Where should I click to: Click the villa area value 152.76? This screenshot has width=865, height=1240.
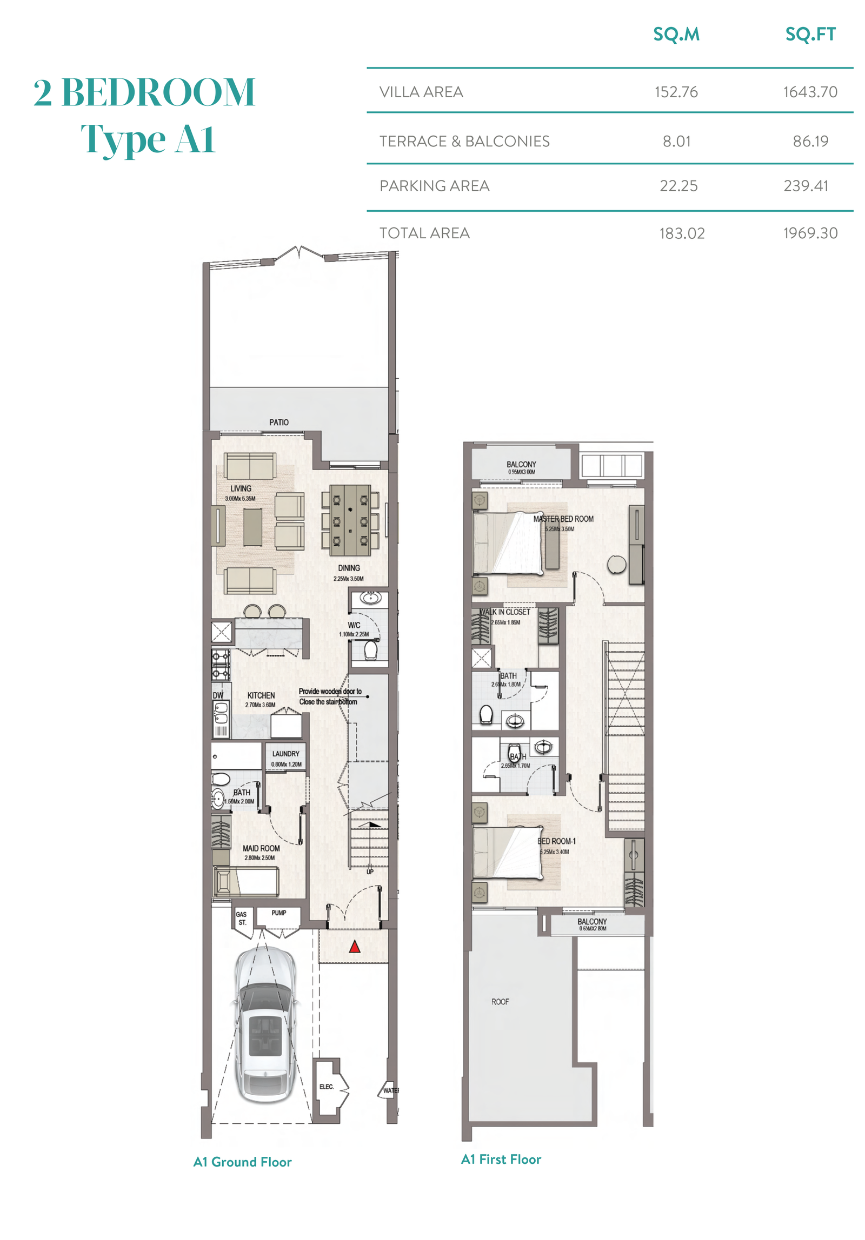click(676, 92)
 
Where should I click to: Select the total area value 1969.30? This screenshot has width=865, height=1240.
click(810, 233)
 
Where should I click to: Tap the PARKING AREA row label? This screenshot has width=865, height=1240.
click(434, 186)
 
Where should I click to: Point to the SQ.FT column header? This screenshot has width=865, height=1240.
click(810, 35)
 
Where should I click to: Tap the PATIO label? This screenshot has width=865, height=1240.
click(279, 422)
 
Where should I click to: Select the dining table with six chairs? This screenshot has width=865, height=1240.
click(350, 520)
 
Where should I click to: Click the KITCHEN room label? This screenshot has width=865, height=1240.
click(261, 695)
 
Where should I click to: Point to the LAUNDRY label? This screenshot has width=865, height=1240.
click(286, 754)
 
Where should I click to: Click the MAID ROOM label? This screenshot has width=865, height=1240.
click(261, 848)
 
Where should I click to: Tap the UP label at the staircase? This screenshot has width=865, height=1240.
click(370, 872)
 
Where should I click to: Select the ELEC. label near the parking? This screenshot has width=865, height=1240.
click(327, 1087)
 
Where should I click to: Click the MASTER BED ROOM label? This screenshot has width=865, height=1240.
click(563, 519)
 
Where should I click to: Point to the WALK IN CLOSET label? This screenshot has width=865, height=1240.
click(505, 612)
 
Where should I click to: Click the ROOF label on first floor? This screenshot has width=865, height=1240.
click(500, 1002)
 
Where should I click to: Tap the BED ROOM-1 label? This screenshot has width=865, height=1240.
click(556, 841)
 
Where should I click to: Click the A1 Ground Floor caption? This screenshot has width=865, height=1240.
click(242, 1162)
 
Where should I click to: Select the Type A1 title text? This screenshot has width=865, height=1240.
click(148, 139)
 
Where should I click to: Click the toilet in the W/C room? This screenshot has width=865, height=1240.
click(371, 651)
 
